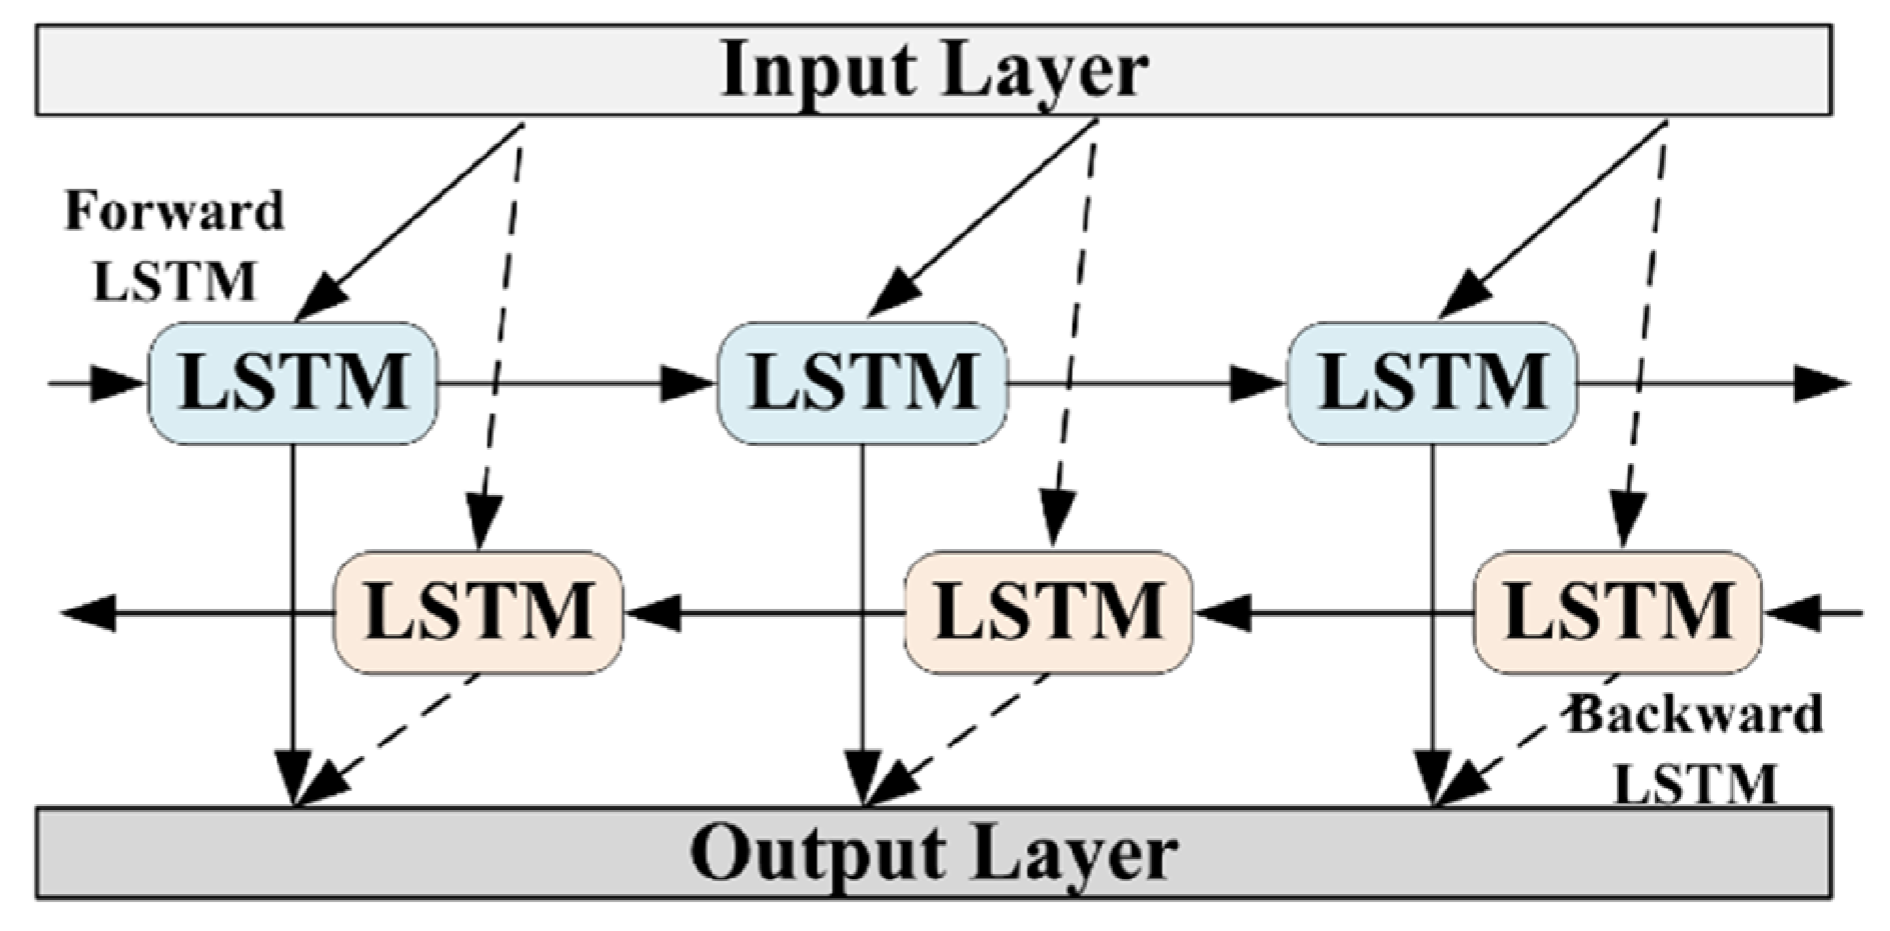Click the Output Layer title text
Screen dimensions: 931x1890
coord(934,852)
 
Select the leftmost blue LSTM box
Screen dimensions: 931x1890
coord(292,383)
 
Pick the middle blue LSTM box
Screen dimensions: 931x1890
coord(862,383)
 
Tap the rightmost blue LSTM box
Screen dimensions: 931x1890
coord(1432,383)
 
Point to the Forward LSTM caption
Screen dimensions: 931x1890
coord(174,246)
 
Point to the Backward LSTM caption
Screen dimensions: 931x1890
coord(1695,750)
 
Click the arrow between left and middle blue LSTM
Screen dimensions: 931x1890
coord(577,383)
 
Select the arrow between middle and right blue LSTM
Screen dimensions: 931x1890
coord(1147,383)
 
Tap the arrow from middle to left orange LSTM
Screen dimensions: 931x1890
coord(764,614)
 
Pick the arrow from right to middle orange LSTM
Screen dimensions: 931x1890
coord(1333,614)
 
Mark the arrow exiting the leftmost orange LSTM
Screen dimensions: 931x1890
coord(197,614)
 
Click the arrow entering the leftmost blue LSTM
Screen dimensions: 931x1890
coord(97,383)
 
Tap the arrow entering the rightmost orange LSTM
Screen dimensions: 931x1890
coord(1813,614)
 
